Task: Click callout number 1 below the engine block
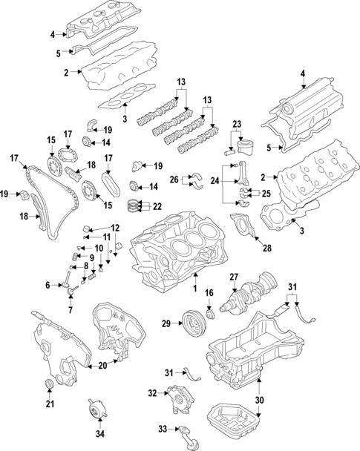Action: click(195, 287)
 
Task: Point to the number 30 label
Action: click(259, 400)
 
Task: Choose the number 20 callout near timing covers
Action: click(102, 364)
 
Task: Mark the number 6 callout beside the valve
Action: click(48, 284)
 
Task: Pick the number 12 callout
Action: click(115, 228)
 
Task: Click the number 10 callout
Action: click(99, 247)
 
